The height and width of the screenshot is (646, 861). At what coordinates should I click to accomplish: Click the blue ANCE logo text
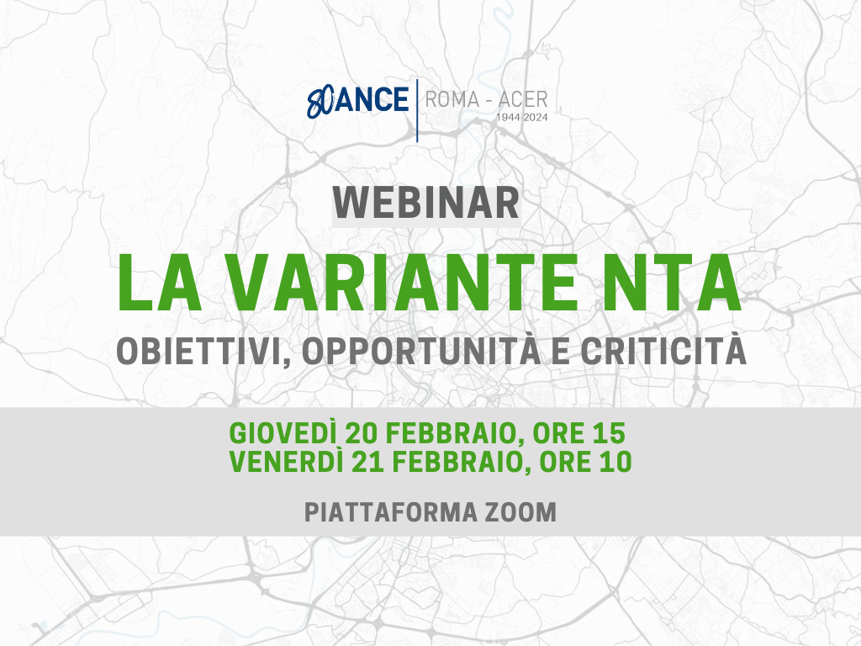click(371, 99)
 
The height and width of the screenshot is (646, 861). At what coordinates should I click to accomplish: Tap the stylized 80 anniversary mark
click(320, 102)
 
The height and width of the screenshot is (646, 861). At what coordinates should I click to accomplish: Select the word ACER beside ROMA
click(523, 99)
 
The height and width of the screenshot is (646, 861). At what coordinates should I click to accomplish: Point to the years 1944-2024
click(521, 117)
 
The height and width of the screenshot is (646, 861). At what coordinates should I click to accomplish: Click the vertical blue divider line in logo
click(417, 110)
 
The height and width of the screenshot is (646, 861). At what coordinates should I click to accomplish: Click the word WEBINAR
click(426, 204)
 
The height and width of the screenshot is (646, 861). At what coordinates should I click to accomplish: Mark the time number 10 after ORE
click(616, 462)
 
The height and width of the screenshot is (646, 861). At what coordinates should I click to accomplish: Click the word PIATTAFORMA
click(391, 512)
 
